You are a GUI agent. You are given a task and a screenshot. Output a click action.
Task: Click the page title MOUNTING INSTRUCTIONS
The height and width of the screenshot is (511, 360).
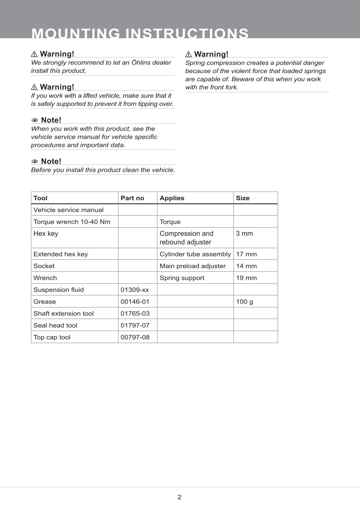(x=140, y=33)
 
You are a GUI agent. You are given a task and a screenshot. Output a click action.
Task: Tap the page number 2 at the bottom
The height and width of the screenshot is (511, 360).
(x=179, y=497)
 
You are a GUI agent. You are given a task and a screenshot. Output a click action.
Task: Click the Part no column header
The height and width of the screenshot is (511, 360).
(x=133, y=198)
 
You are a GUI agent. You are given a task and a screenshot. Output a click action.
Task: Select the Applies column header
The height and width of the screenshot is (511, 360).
(x=172, y=198)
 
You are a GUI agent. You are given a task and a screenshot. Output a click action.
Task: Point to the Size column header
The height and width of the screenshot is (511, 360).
(x=242, y=198)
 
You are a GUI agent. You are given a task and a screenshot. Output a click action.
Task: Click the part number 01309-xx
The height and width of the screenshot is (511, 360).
(x=135, y=290)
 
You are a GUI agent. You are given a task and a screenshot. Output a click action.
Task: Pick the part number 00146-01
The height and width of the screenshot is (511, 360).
(x=135, y=301)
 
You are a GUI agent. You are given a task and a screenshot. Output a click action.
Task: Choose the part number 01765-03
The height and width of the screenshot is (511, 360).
(x=135, y=313)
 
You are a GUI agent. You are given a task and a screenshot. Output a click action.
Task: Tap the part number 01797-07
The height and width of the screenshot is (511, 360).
(x=135, y=325)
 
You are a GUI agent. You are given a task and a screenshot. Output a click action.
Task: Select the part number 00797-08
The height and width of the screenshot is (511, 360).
(x=135, y=337)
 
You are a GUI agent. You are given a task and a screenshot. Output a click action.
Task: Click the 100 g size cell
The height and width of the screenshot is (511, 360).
(x=245, y=301)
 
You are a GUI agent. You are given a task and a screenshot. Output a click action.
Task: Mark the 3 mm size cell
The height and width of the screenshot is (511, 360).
(x=245, y=234)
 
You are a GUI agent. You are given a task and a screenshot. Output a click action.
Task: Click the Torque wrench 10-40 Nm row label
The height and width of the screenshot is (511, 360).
(x=69, y=222)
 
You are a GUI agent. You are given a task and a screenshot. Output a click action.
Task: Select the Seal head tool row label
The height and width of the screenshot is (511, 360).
(x=57, y=325)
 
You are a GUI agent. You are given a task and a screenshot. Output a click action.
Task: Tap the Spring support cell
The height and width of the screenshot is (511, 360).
(x=182, y=278)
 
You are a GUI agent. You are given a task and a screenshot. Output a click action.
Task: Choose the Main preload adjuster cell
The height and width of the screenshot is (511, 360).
(x=192, y=266)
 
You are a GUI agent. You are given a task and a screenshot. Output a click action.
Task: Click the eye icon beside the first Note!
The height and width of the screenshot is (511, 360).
(x=35, y=120)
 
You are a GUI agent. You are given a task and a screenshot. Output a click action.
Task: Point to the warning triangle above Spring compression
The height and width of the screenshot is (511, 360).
(x=188, y=54)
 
